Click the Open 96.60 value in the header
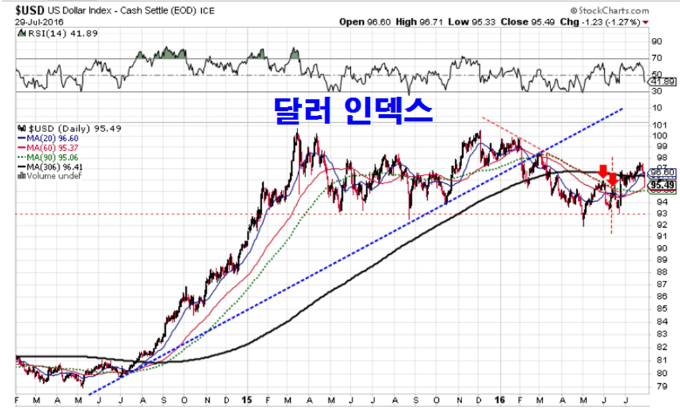point(366,22)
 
